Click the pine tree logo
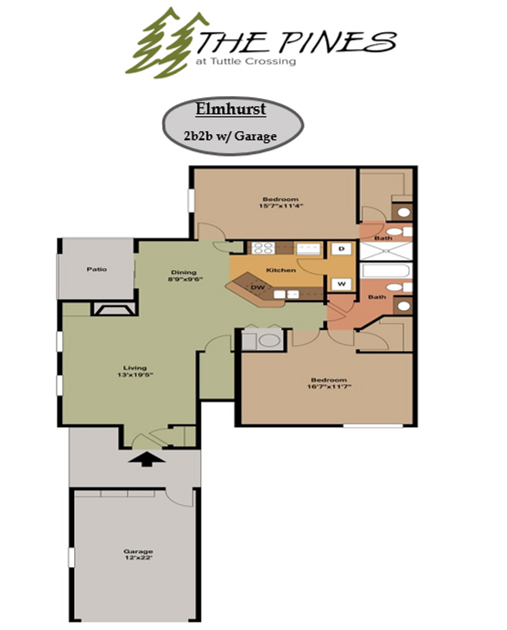[x=163, y=44]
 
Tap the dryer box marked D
[x=341, y=249]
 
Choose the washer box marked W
[x=341, y=284]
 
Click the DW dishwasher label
[x=257, y=287]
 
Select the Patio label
[x=96, y=269]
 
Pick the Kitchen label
[x=281, y=270]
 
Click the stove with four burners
[x=263, y=247]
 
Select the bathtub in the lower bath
[x=386, y=271]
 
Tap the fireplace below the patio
[x=114, y=309]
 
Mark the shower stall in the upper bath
[x=386, y=250]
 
